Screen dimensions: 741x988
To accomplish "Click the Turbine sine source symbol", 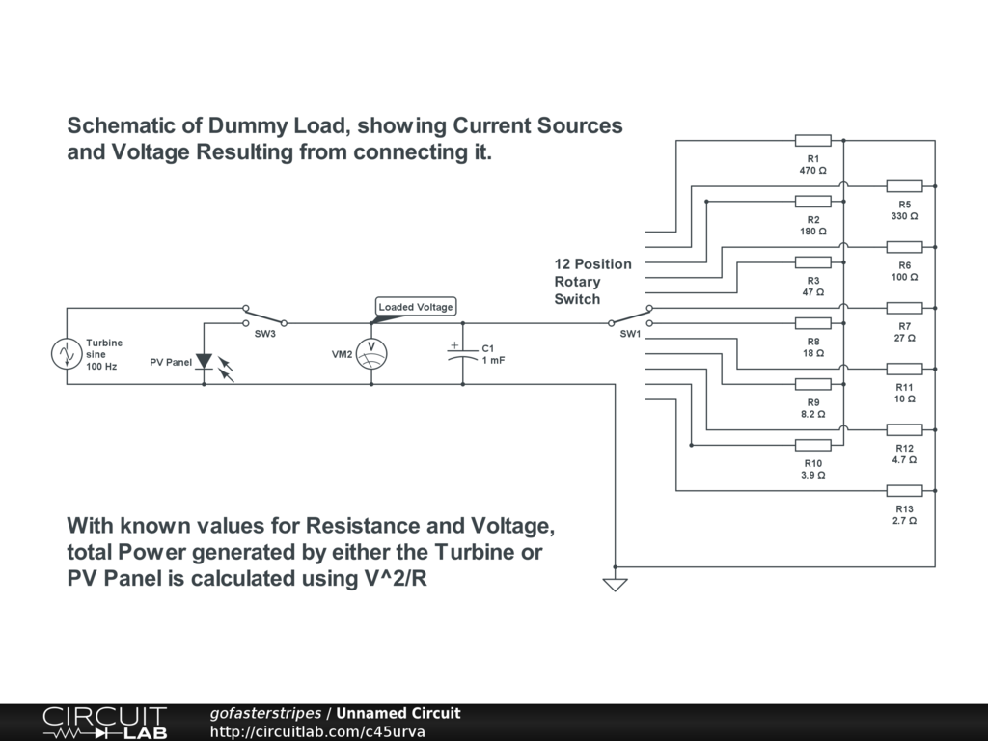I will [67, 354].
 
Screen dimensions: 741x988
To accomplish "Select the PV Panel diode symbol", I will [204, 362].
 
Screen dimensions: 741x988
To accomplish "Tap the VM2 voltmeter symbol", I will [371, 354].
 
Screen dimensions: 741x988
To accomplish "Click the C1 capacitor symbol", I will [462, 353].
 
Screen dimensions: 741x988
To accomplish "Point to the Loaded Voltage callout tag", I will [415, 307].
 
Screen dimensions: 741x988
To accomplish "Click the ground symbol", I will [615, 583].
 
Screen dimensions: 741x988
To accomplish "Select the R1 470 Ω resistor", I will [812, 141].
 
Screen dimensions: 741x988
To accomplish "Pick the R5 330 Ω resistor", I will [904, 186].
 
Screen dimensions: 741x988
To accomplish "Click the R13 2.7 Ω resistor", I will [904, 491].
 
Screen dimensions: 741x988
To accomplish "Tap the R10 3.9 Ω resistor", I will [812, 445].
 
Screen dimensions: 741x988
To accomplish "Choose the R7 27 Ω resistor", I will [904, 308].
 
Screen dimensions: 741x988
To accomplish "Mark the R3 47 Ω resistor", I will [812, 262].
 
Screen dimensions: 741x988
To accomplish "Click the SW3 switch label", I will [264, 334].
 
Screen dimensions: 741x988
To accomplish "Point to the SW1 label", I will [630, 334].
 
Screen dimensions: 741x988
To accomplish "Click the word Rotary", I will [577, 282].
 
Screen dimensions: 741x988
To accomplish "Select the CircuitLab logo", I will [104, 723].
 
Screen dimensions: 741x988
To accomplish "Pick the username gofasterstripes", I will [265, 714].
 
